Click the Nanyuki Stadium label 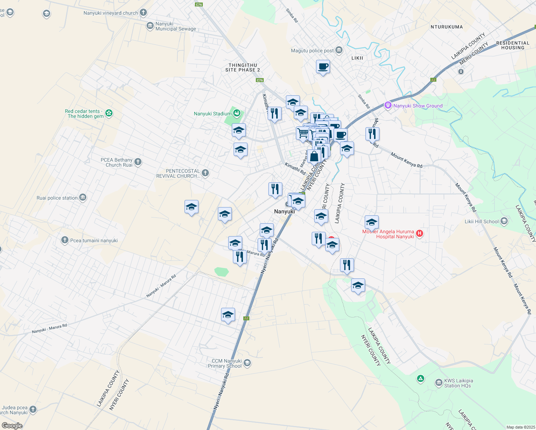tap(212, 114)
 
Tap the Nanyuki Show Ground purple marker tap(388, 105)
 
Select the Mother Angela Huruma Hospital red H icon tap(420, 234)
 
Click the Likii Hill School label tap(482, 221)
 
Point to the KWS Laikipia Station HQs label tap(458, 383)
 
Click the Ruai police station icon tap(83, 197)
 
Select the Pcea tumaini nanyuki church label tap(94, 240)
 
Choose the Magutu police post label tap(312, 51)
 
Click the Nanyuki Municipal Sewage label tap(176, 27)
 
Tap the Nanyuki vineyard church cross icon tap(143, 13)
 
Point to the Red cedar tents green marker tap(109, 113)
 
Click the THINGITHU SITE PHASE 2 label tap(243, 67)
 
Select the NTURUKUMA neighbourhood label tap(446, 27)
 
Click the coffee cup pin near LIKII tap(323, 67)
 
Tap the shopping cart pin tap(303, 133)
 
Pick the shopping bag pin tap(314, 157)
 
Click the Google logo tap(12, 426)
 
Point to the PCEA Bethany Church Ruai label tap(116, 162)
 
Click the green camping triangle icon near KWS tap(421, 378)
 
